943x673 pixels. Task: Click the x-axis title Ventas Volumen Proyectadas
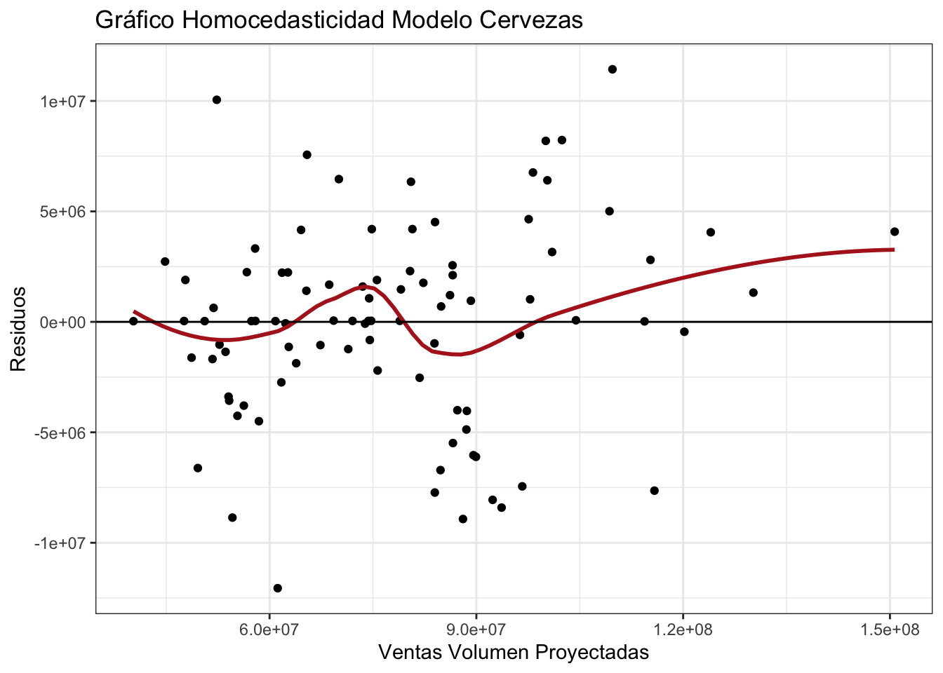514,653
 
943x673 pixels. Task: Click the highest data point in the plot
613,69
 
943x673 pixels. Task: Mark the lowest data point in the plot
278,588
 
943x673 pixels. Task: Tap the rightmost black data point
895,231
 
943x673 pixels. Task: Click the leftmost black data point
133,321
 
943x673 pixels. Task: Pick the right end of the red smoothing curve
894,249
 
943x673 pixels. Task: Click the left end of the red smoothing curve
134,311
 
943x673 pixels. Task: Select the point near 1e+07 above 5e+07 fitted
217,100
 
